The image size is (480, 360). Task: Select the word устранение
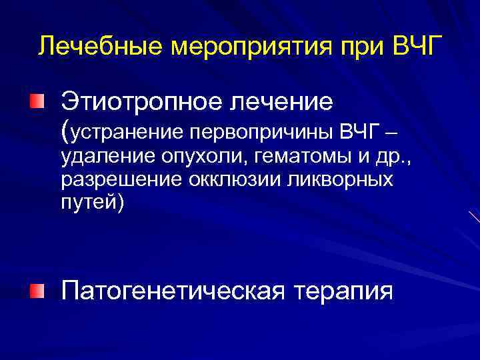pos(126,133)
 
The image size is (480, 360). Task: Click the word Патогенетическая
pos(175,291)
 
